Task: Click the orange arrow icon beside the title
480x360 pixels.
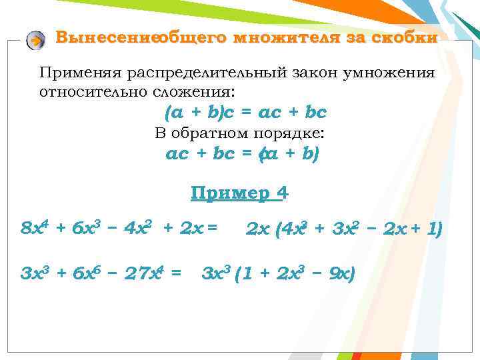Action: tap(35, 41)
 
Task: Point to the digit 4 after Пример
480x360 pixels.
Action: tap(284, 193)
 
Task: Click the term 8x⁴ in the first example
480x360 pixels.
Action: tap(35, 229)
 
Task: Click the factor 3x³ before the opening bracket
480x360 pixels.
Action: tap(215, 273)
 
